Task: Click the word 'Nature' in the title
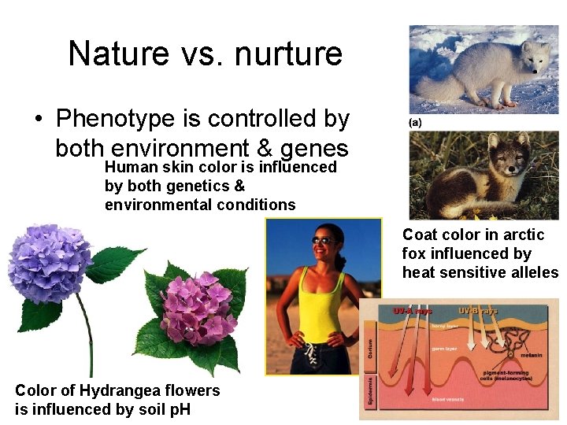click(119, 54)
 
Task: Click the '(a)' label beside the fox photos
click(415, 124)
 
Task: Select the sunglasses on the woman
click(323, 240)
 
